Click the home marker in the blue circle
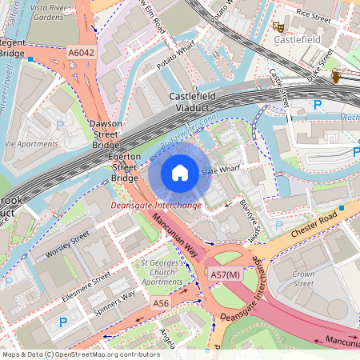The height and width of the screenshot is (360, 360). point(180,173)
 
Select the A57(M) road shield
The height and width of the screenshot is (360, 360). point(225,274)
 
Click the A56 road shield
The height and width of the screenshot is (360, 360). point(161,303)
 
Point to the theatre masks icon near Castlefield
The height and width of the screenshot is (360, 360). point(279,26)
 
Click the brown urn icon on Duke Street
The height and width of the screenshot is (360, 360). point(337,76)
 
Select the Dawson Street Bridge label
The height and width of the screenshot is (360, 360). point(106,134)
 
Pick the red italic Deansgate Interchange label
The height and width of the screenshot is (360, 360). point(155,206)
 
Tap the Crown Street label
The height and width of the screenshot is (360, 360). point(303,278)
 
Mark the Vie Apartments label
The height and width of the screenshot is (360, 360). point(32,144)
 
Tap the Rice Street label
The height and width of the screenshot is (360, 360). point(313,13)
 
